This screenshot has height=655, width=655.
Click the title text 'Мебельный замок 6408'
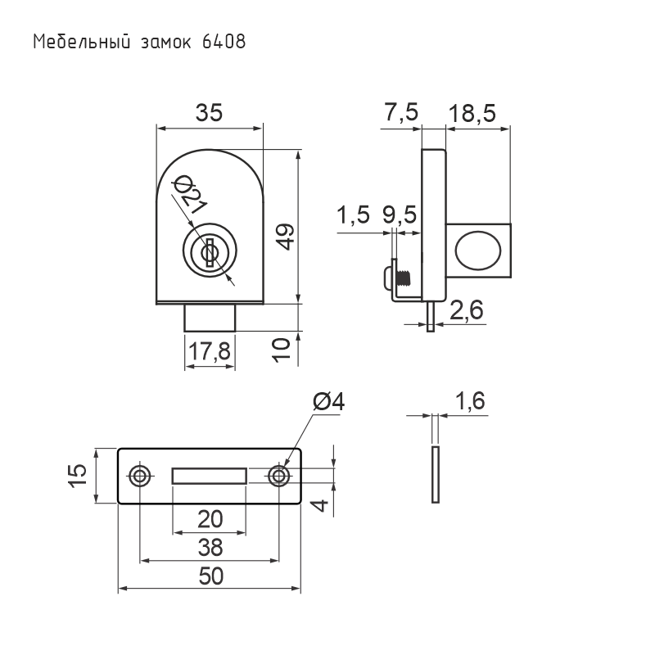click(139, 43)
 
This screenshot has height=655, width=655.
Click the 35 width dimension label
click(210, 113)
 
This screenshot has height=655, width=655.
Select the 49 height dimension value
click(286, 237)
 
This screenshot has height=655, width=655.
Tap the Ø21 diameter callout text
click(190, 193)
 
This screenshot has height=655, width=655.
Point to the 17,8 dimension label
click(210, 351)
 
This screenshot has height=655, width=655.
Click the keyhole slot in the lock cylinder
click(210, 252)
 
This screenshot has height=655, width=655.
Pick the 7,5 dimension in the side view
click(401, 112)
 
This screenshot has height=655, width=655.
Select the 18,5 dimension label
click(472, 113)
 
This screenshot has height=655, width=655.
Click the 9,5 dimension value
click(400, 215)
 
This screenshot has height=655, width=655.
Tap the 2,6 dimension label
click(467, 310)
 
